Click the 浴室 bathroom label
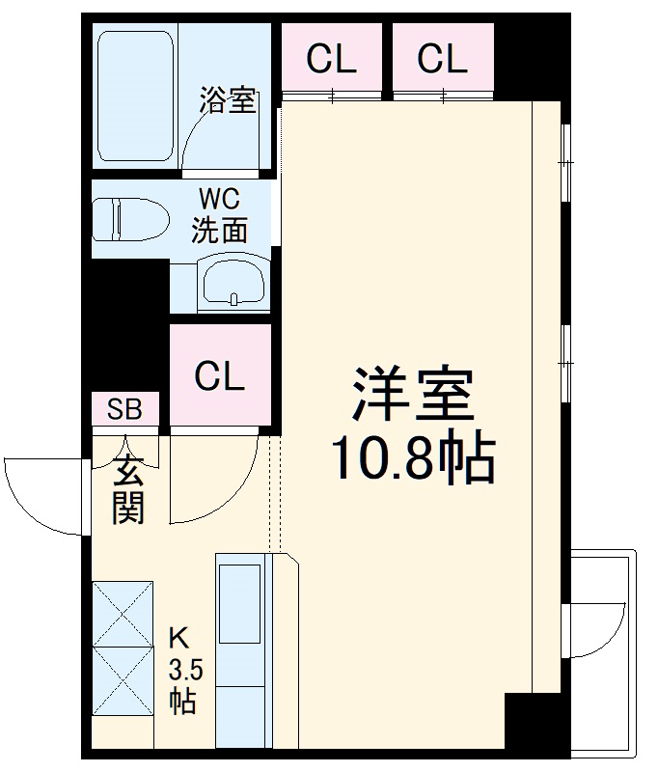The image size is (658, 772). [228, 100]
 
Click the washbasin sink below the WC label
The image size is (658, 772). [232, 283]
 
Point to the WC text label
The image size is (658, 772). [220, 200]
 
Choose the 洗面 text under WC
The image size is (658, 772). [220, 230]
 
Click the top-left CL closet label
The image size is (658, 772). [332, 59]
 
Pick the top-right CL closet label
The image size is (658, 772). [443, 59]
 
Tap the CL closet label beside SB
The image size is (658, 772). [220, 376]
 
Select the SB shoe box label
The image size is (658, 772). [124, 409]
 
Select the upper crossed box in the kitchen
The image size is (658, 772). [123, 613]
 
